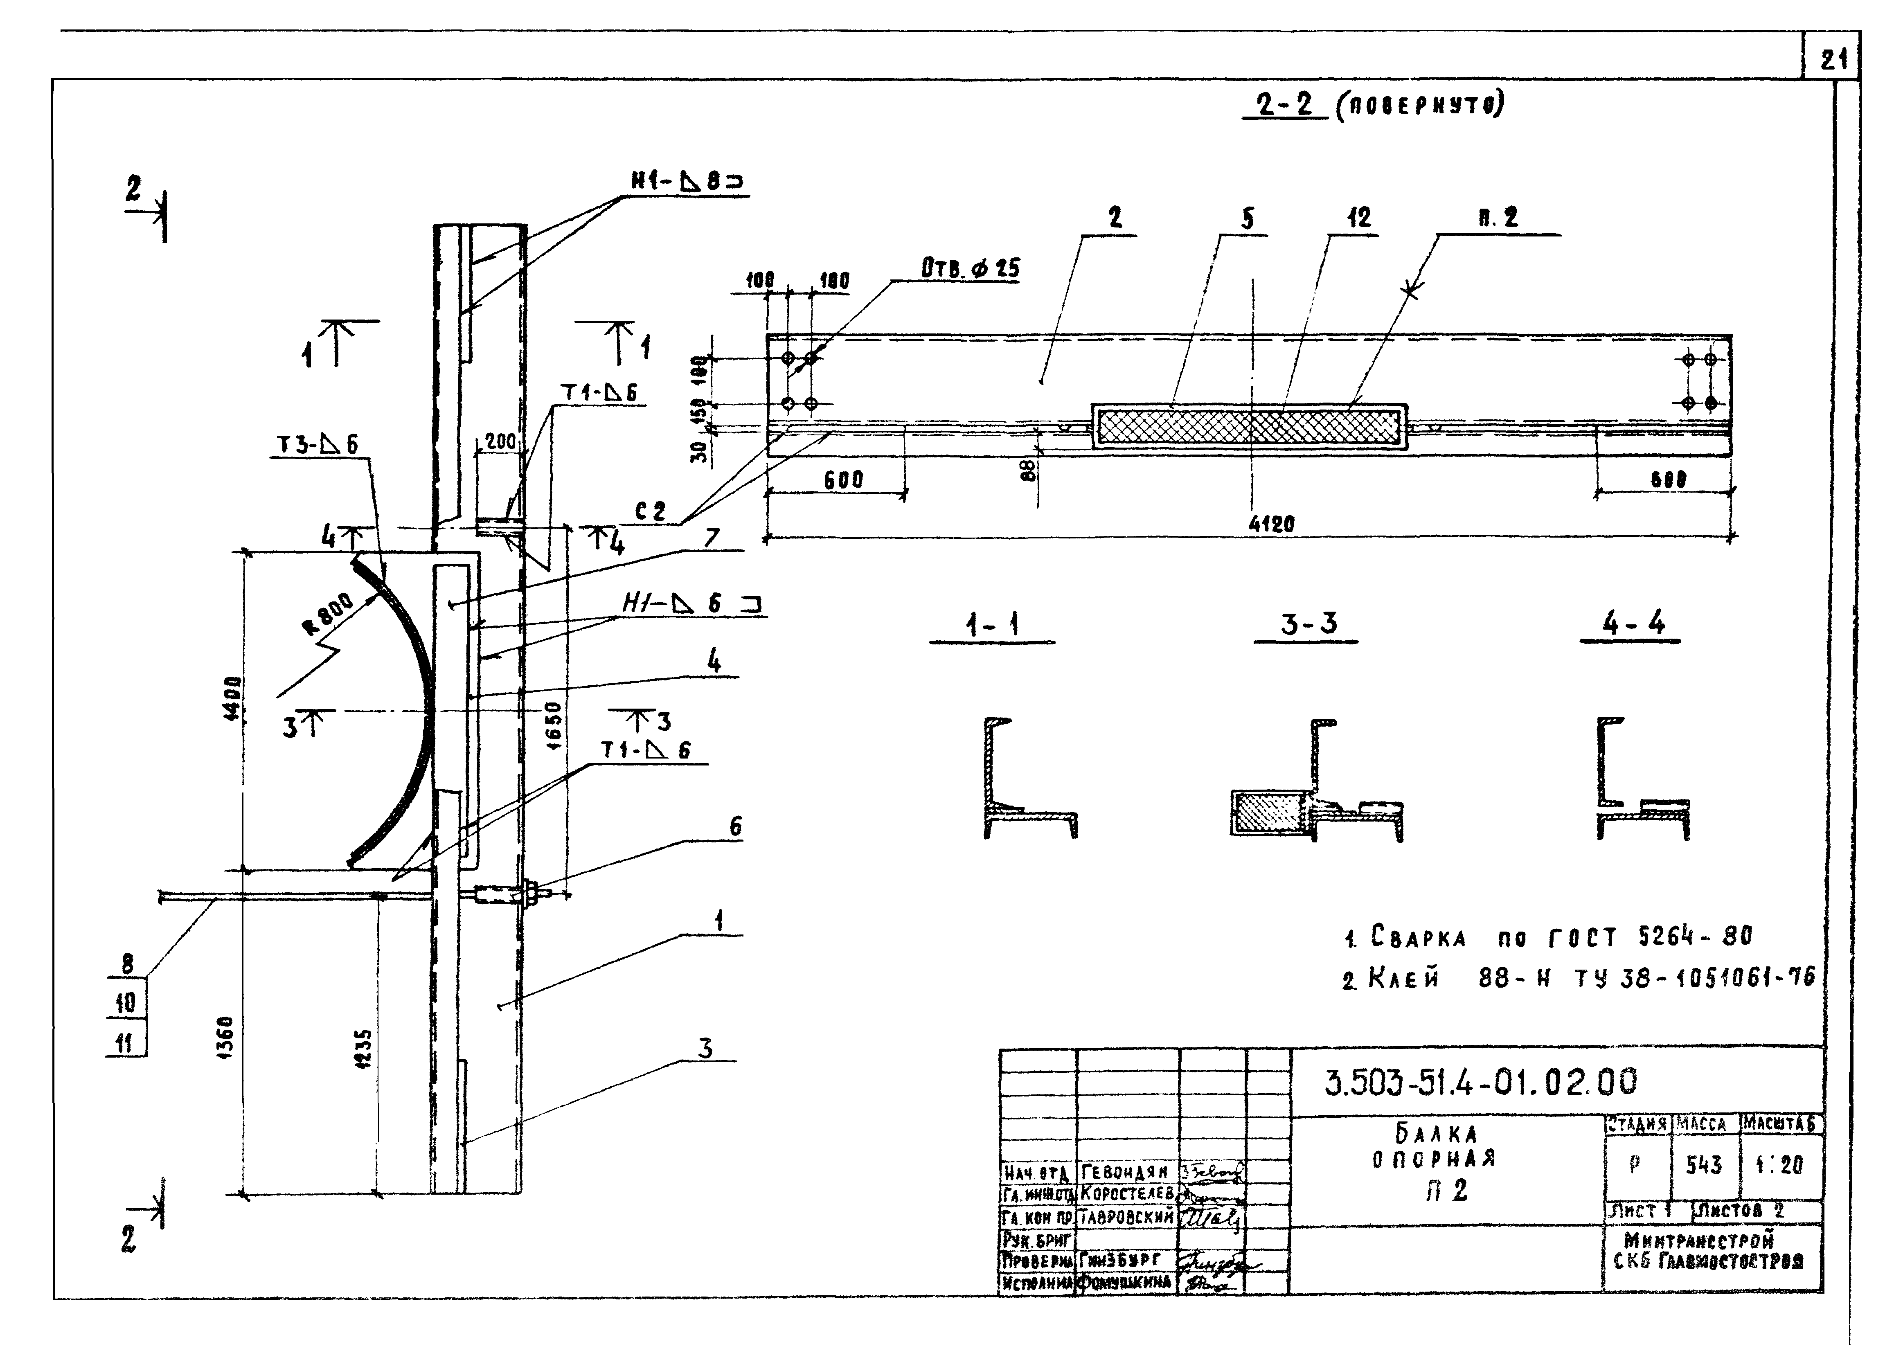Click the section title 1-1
point(991,625)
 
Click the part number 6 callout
point(735,826)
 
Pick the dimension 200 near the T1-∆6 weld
point(500,441)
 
